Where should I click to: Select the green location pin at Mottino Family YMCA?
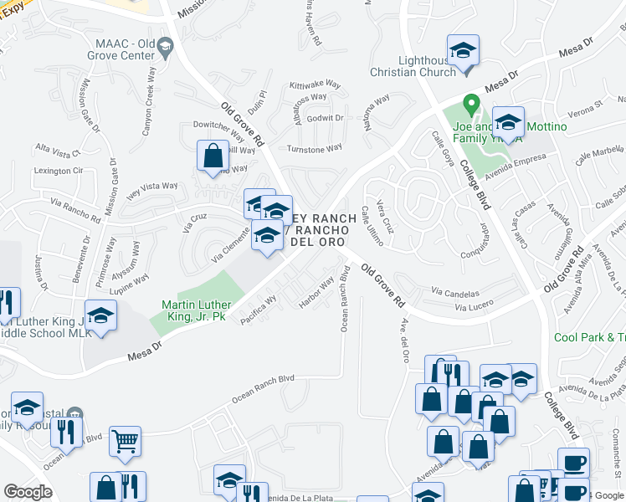pos(471,105)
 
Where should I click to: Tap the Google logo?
pos(28,492)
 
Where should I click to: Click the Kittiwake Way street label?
pos(315,85)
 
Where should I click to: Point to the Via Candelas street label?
pos(455,294)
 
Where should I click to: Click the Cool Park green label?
pos(589,337)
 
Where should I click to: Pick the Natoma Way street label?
pos(376,111)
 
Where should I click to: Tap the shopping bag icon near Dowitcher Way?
pos(213,156)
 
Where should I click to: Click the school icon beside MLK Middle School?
pos(100,316)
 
